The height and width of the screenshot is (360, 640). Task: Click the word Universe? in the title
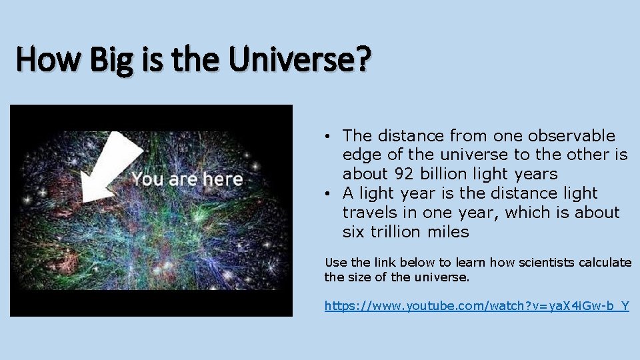pos(299,60)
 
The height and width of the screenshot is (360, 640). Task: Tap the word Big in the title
pos(116,60)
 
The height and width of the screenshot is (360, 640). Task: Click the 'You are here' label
pos(187,179)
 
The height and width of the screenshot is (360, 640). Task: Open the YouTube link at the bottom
pos(476,306)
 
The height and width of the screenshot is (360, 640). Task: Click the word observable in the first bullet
pos(571,136)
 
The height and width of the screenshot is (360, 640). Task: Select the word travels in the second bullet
pos(369,213)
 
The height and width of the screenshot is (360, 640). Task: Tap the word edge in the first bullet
pos(359,155)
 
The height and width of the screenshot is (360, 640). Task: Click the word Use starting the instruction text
pos(335,263)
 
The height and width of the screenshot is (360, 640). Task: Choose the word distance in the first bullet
pos(412,136)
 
